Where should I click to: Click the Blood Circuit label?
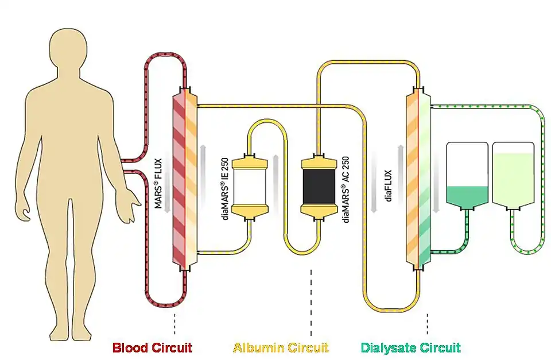(x=152, y=347)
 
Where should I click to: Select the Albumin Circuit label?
(x=281, y=347)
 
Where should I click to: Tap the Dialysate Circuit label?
(x=410, y=347)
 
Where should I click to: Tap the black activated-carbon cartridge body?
(x=319, y=186)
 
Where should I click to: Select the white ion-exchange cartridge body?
(x=249, y=186)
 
